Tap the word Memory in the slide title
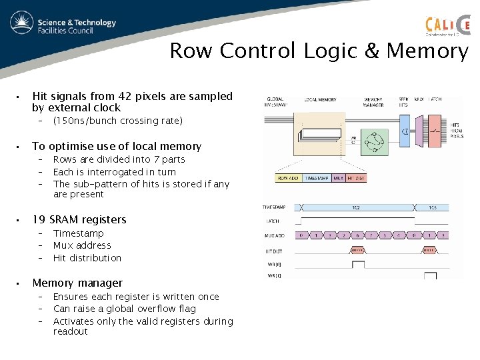coord(427,51)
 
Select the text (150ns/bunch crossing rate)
coord(117,121)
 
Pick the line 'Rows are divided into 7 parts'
coord(119,159)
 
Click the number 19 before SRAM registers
coord(39,219)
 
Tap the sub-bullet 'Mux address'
coord(82,245)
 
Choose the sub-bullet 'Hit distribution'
coord(87,258)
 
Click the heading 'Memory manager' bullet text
coord(77,283)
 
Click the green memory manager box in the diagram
coord(373,139)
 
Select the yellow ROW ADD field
coord(288,179)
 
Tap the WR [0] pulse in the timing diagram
coord(359,264)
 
